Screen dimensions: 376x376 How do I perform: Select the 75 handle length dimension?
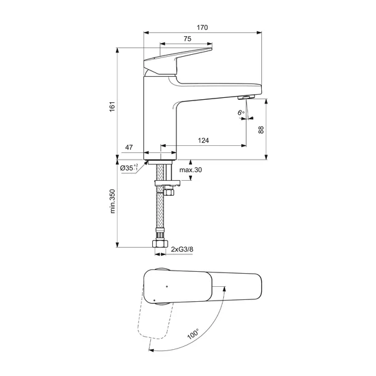(x=187, y=39)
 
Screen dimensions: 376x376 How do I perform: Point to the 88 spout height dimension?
(x=261, y=129)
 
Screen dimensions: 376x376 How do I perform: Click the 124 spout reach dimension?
(x=203, y=141)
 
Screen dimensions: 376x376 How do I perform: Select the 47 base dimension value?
(x=129, y=148)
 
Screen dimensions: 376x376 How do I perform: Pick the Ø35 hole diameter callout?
(x=129, y=168)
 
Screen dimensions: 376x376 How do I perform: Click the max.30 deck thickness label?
(x=191, y=170)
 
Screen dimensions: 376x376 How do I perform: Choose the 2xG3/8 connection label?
(x=183, y=249)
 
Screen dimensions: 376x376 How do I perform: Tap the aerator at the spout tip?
(x=247, y=97)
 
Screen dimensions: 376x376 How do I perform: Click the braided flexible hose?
(x=160, y=212)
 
